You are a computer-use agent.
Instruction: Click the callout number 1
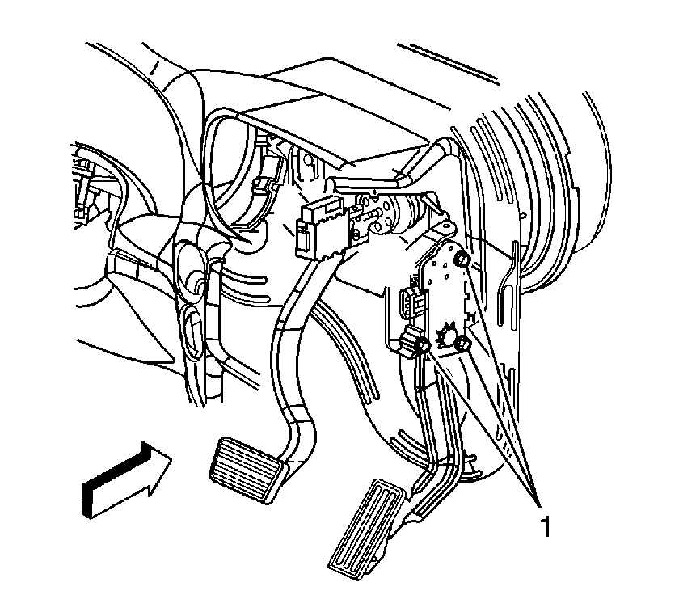coord(546,525)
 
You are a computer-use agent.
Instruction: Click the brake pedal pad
coord(249,471)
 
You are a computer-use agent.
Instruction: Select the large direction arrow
coord(126,480)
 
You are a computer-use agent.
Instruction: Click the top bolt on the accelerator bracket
coord(462,259)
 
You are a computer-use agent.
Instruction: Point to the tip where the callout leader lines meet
coord(540,504)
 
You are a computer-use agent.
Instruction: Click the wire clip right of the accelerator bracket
coord(507,281)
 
